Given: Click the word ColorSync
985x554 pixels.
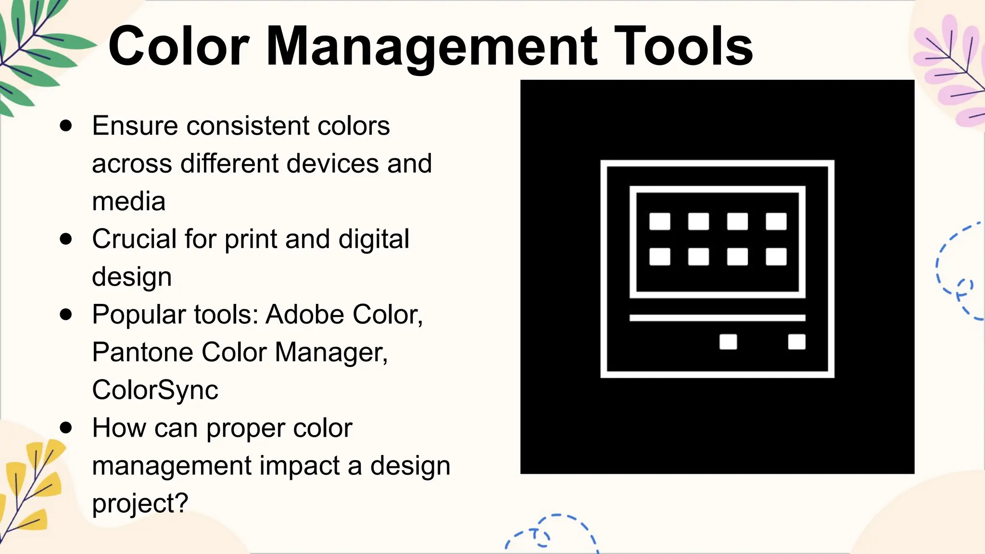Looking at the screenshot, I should pos(155,390).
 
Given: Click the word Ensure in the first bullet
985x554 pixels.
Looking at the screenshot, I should pos(135,126).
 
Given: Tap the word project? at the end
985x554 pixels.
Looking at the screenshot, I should pos(140,504).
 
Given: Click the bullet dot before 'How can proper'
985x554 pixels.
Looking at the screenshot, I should pos(66,428).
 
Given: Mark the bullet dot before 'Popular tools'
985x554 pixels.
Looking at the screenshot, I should pos(66,315).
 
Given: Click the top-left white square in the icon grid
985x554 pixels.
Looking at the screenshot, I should pos(659,222).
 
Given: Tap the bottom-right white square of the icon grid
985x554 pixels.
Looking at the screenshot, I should pos(776,257).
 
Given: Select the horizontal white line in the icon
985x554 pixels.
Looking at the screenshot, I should pos(717,318).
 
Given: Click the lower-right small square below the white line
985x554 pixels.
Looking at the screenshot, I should pos(796,342).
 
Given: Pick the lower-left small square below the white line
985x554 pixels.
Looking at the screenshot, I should pos(728,342).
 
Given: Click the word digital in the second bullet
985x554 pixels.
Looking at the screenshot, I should pos(374,239).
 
